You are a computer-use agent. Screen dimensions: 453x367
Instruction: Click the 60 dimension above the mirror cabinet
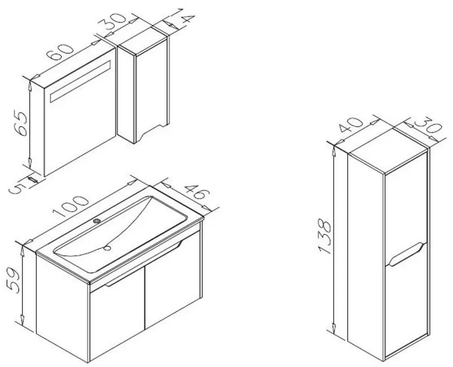pyautogui.click(x=61, y=53)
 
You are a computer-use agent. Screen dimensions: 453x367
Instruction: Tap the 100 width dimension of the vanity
pyautogui.click(x=70, y=206)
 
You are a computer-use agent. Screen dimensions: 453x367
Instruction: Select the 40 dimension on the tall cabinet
pyautogui.click(x=351, y=125)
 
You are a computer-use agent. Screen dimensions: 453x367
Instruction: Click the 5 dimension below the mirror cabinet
pyautogui.click(x=15, y=190)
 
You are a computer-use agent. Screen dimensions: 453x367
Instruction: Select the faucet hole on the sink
pyautogui.click(x=96, y=221)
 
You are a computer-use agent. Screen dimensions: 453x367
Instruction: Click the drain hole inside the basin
pyautogui.click(x=108, y=247)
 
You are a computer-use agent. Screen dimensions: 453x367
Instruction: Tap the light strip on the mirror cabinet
pyautogui.click(x=80, y=82)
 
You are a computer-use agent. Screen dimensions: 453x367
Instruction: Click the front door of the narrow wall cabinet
pyautogui.click(x=151, y=89)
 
